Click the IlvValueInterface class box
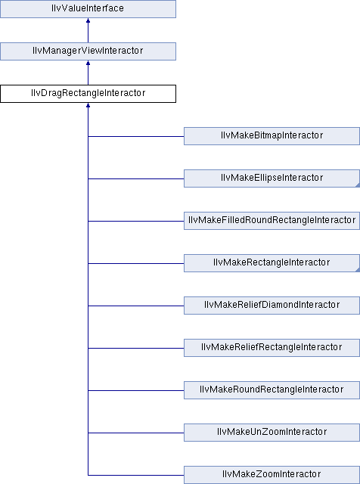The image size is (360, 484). tap(88, 9)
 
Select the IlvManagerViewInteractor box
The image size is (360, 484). tap(88, 51)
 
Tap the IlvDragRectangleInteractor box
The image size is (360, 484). tap(88, 94)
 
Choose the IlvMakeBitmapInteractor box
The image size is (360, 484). tap(272, 136)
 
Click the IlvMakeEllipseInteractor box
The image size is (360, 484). tap(272, 178)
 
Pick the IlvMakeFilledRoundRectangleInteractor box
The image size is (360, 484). tap(272, 221)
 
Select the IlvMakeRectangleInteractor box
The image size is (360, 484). tap(272, 263)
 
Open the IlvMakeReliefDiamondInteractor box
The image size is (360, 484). tap(272, 306)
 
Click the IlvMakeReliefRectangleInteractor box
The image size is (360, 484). tap(272, 348)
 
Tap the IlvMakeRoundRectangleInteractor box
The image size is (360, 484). tap(272, 390)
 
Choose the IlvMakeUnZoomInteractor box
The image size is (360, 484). tap(272, 432)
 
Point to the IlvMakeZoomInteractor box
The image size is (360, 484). tap(272, 475)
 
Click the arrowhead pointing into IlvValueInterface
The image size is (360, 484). tap(88, 20)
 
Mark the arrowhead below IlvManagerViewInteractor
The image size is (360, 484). tap(88, 63)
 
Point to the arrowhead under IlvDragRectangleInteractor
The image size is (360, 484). tap(88, 105)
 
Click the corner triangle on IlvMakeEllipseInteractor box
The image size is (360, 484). tap(358, 185)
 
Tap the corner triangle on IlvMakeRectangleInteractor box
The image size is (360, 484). tap(358, 270)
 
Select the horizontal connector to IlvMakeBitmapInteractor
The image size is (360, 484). tap(136, 136)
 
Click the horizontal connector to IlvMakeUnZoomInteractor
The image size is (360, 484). tap(136, 433)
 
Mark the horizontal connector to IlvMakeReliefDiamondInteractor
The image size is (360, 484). tap(136, 306)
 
